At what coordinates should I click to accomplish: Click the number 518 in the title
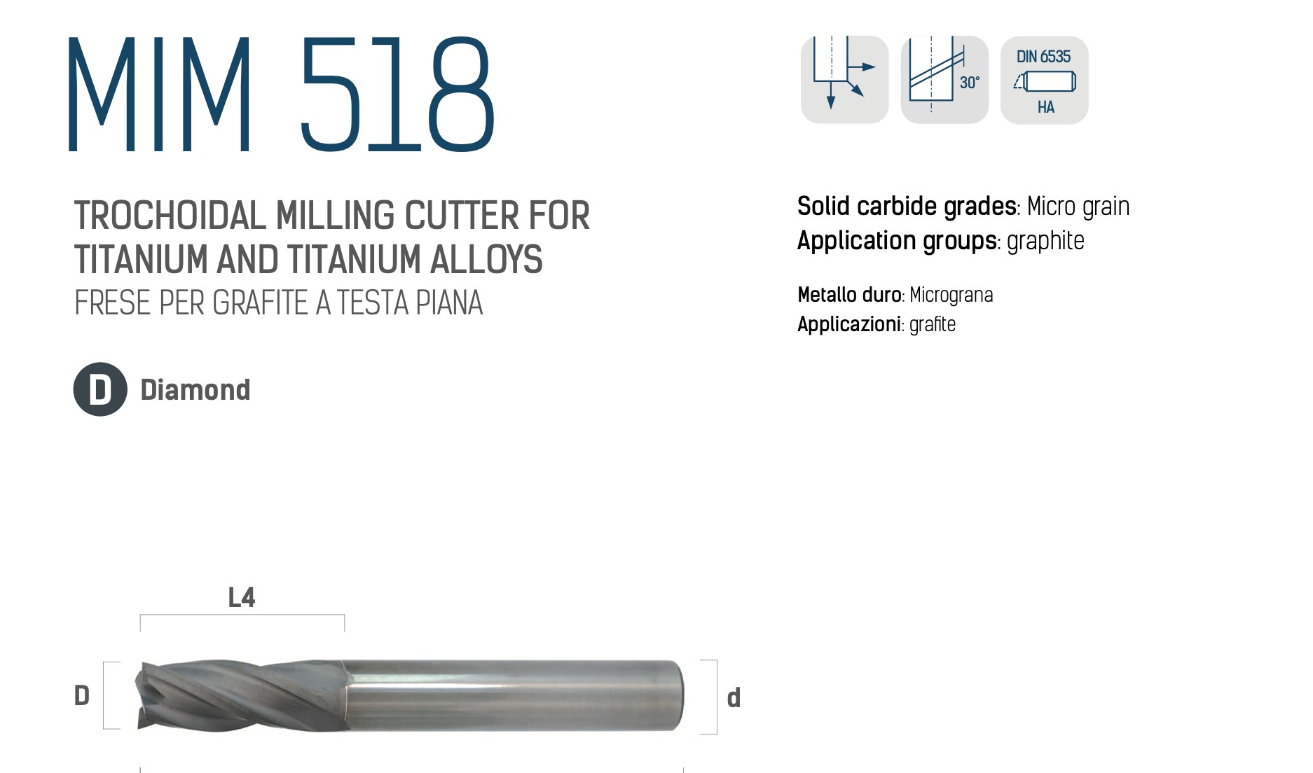pos(398,94)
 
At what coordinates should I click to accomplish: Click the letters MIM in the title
pos(160,94)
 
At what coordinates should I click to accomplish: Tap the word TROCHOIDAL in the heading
pos(170,216)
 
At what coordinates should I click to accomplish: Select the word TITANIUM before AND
pos(142,259)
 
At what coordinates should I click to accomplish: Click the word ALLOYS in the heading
pos(486,259)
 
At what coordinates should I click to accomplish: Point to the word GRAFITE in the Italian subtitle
pos(259,303)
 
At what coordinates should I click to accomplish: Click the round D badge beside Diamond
pos(100,389)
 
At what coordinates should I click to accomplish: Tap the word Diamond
pos(195,390)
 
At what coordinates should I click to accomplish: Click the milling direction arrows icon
pos(844,80)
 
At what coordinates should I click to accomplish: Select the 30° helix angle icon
pos(944,80)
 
